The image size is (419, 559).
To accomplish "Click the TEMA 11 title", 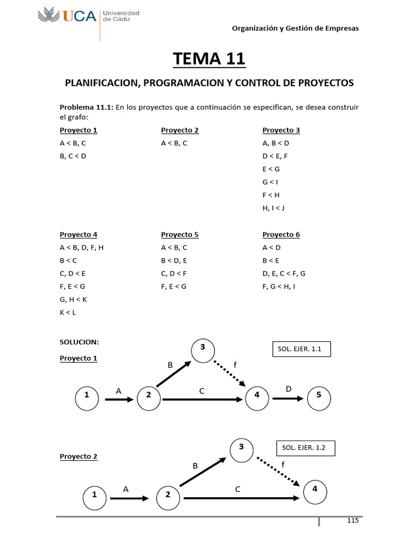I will point(209,58).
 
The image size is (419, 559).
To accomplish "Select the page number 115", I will point(352,520).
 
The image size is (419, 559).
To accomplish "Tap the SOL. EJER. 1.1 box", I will point(301,349).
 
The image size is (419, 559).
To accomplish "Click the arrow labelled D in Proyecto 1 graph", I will point(288,399).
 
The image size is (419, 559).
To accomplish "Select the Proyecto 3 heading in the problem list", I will point(281,130).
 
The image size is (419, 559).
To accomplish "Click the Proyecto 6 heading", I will point(281,235).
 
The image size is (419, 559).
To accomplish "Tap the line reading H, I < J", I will point(273,208).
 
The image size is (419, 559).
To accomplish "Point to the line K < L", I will point(68,313).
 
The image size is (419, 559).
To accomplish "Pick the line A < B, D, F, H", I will point(81,247).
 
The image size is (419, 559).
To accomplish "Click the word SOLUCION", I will point(79,342).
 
